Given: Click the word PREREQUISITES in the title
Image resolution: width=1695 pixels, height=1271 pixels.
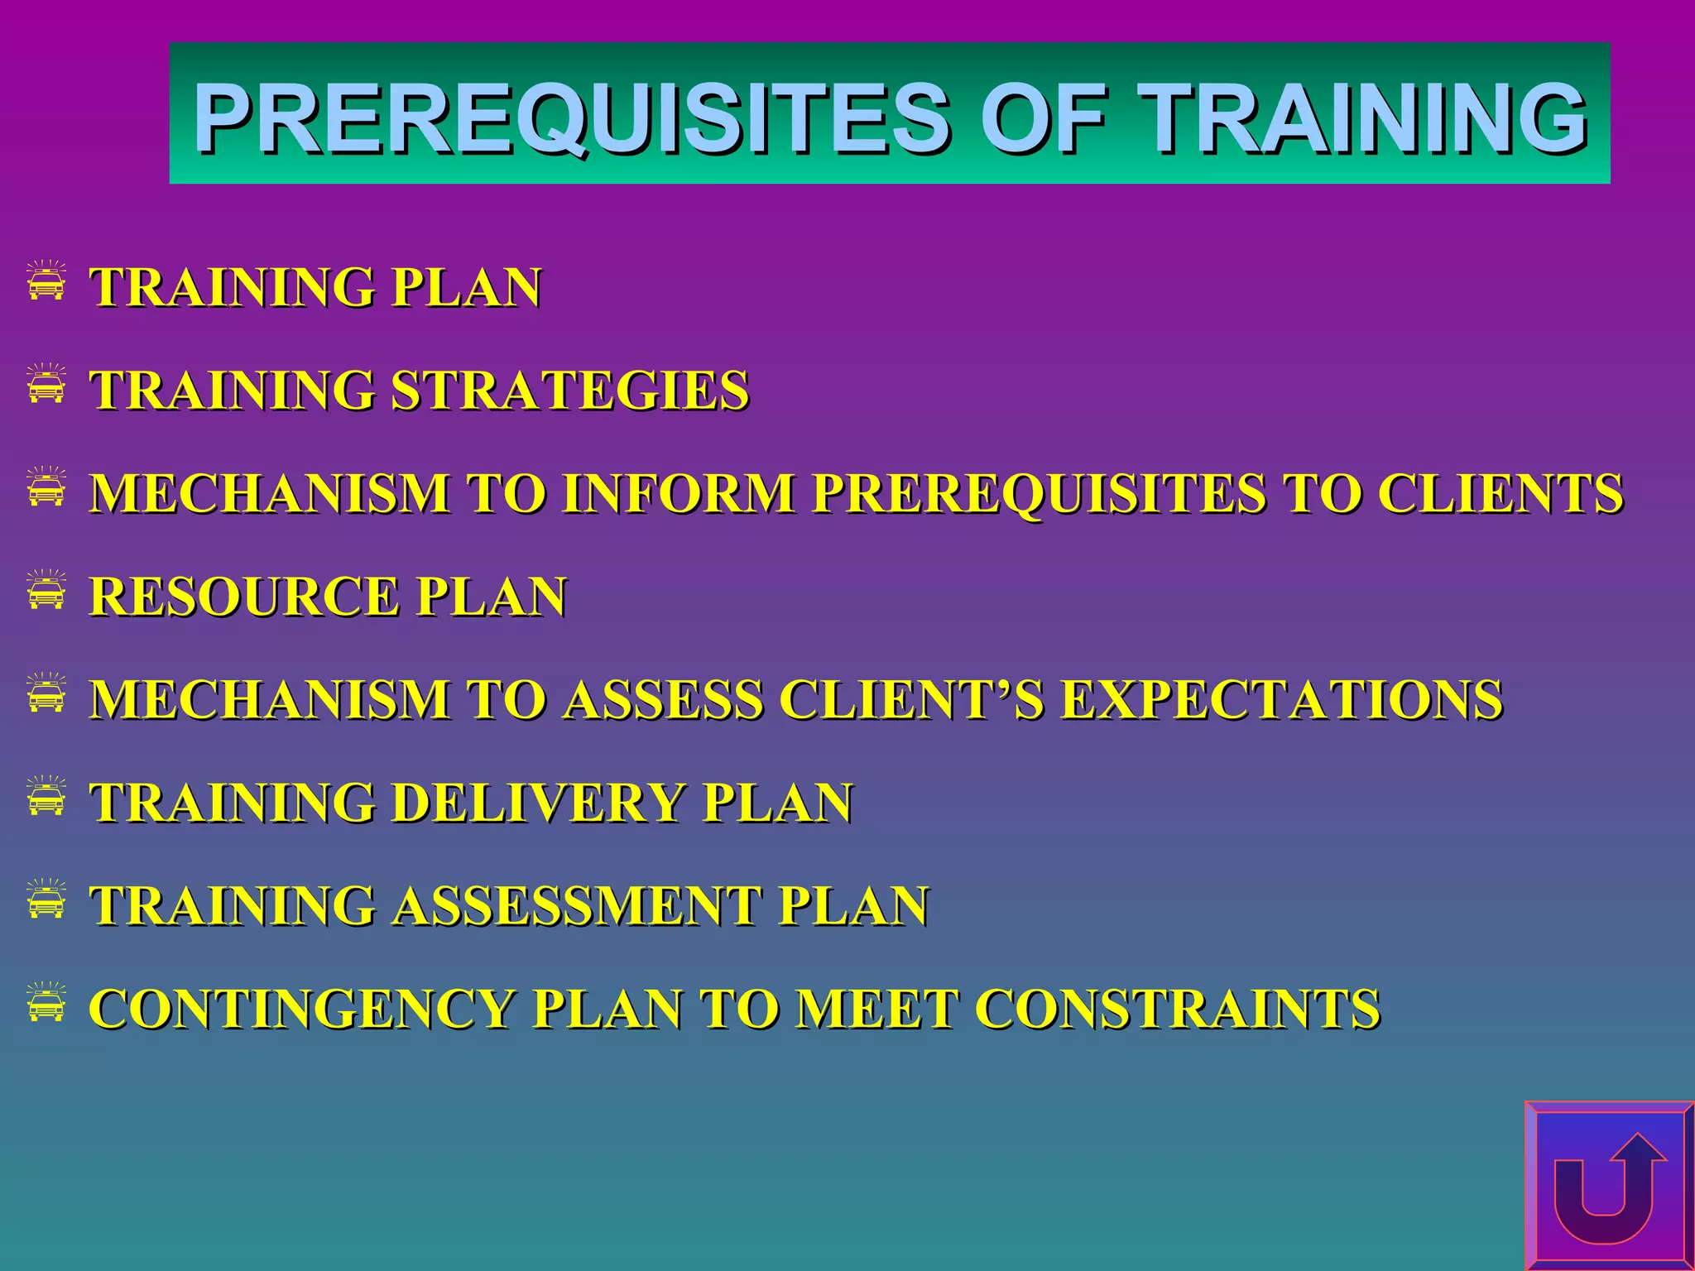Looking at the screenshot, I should (x=572, y=118).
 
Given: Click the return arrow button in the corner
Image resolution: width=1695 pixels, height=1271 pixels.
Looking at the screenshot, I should (x=1608, y=1186).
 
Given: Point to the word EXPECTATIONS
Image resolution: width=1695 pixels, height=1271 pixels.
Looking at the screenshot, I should (x=1281, y=699).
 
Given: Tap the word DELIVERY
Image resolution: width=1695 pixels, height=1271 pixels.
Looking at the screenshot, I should (x=539, y=803).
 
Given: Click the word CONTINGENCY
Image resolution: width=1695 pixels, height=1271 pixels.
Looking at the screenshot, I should (x=302, y=1009).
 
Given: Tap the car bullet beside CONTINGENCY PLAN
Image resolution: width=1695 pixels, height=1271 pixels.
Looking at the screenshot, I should (x=46, y=1002).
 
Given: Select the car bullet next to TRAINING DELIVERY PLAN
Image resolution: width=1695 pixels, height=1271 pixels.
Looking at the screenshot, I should (x=46, y=796).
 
